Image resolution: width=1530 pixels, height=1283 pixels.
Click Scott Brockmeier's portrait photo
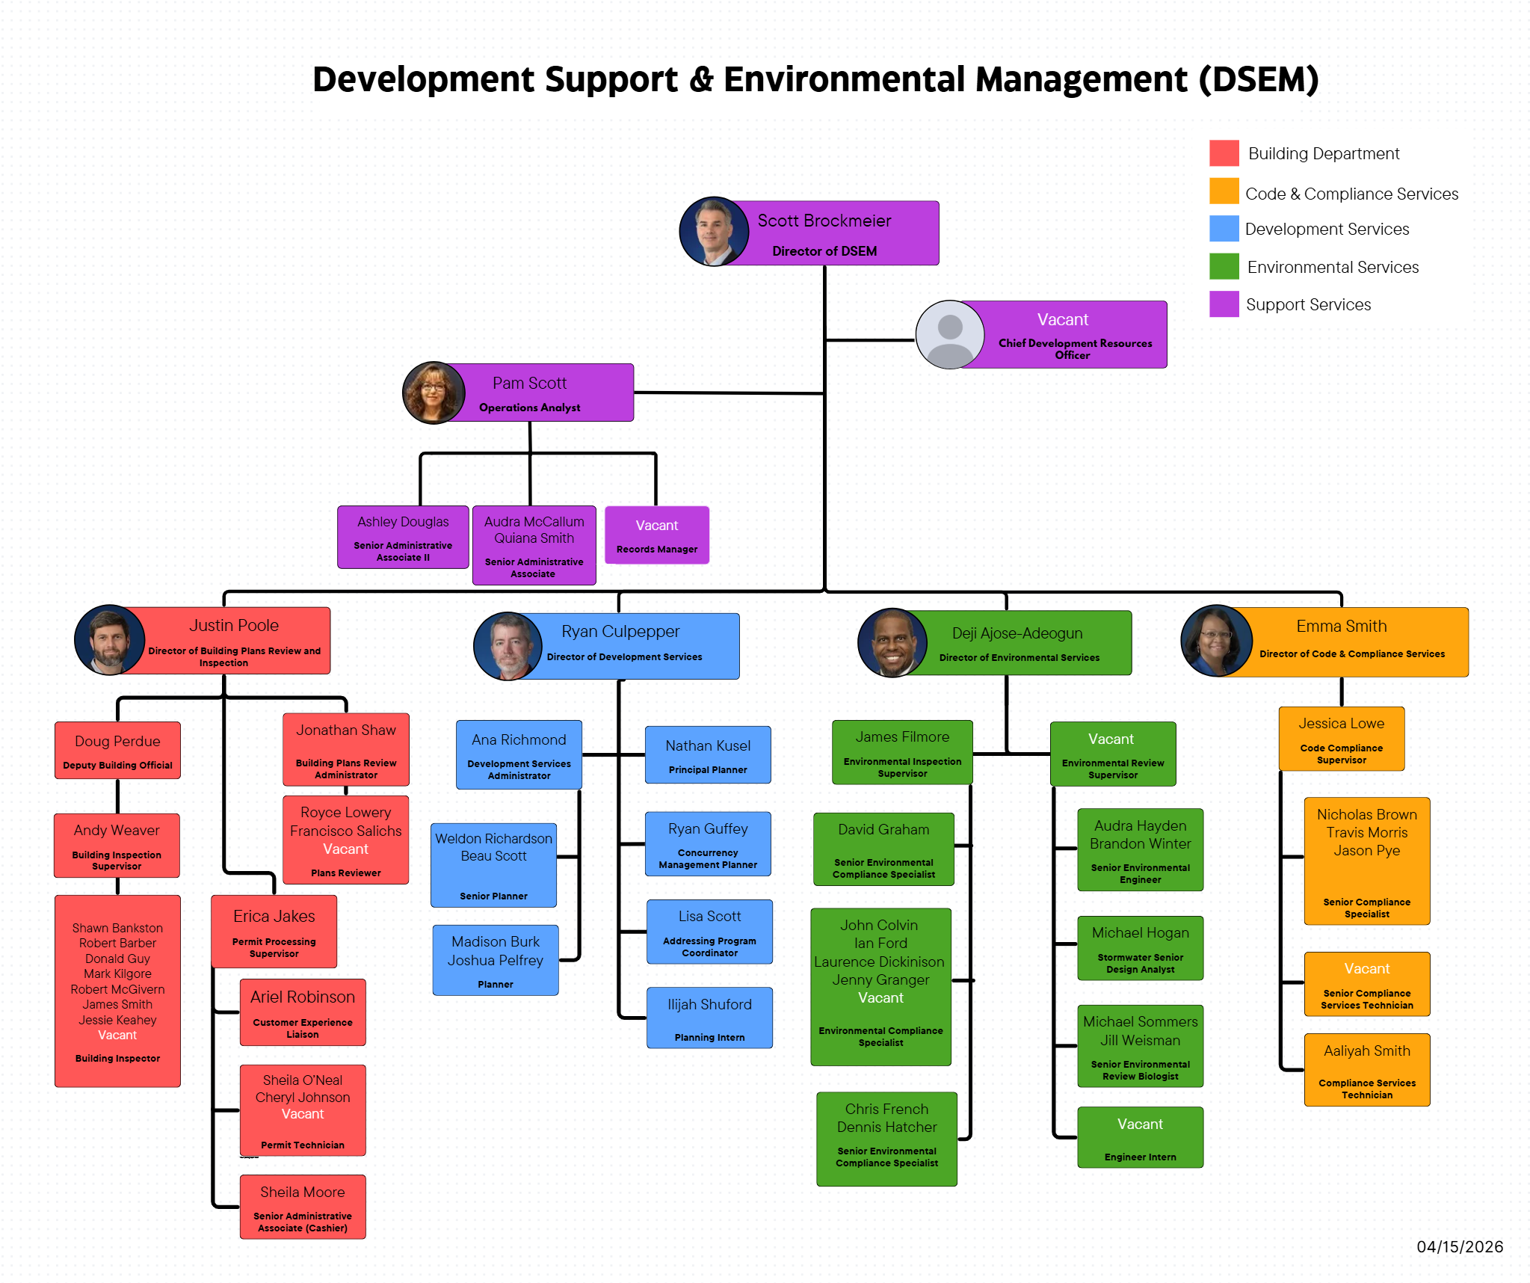(x=714, y=232)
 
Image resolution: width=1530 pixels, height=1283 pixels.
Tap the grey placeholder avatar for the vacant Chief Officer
(x=949, y=334)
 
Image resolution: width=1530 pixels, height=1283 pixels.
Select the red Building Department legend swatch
(x=1224, y=153)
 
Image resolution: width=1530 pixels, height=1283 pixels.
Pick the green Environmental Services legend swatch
(x=1224, y=266)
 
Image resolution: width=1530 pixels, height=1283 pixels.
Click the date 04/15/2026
(x=1459, y=1246)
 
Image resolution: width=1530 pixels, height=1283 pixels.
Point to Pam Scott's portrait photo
(x=434, y=393)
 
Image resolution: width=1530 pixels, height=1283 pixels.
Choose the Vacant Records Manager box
(x=656, y=535)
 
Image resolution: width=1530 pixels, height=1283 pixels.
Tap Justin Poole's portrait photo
(x=109, y=640)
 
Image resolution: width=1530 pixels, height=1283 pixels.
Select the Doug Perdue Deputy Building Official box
(x=117, y=750)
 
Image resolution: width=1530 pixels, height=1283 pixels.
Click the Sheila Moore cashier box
(x=303, y=1207)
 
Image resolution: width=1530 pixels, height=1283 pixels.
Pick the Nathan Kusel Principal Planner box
(x=708, y=754)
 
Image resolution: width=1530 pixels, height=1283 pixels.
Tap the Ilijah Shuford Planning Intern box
(x=709, y=1018)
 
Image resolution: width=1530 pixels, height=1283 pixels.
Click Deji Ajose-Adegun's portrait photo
(x=892, y=643)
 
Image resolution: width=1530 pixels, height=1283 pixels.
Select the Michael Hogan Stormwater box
(x=1140, y=948)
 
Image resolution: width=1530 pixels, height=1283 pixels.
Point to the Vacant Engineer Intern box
(x=1140, y=1137)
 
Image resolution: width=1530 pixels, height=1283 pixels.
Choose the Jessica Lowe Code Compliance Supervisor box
(x=1341, y=739)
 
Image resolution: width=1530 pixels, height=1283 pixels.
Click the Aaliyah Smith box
(x=1366, y=1070)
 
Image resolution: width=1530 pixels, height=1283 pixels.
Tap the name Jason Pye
(x=1366, y=851)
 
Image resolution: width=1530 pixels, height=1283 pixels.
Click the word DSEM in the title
(x=1259, y=79)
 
